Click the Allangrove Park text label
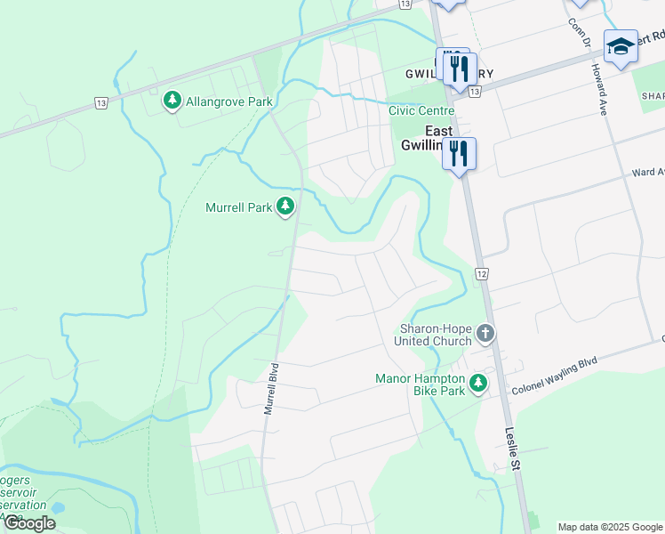228,101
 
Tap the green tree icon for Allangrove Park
172,101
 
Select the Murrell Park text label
238,207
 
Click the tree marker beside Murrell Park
285,207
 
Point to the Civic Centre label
421,110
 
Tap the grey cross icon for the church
485,334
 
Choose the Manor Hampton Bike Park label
421,384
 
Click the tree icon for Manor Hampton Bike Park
479,384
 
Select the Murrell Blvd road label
271,389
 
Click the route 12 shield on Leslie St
480,273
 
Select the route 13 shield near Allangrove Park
101,104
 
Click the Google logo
29,523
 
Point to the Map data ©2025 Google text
610,527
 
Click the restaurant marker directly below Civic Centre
460,154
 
